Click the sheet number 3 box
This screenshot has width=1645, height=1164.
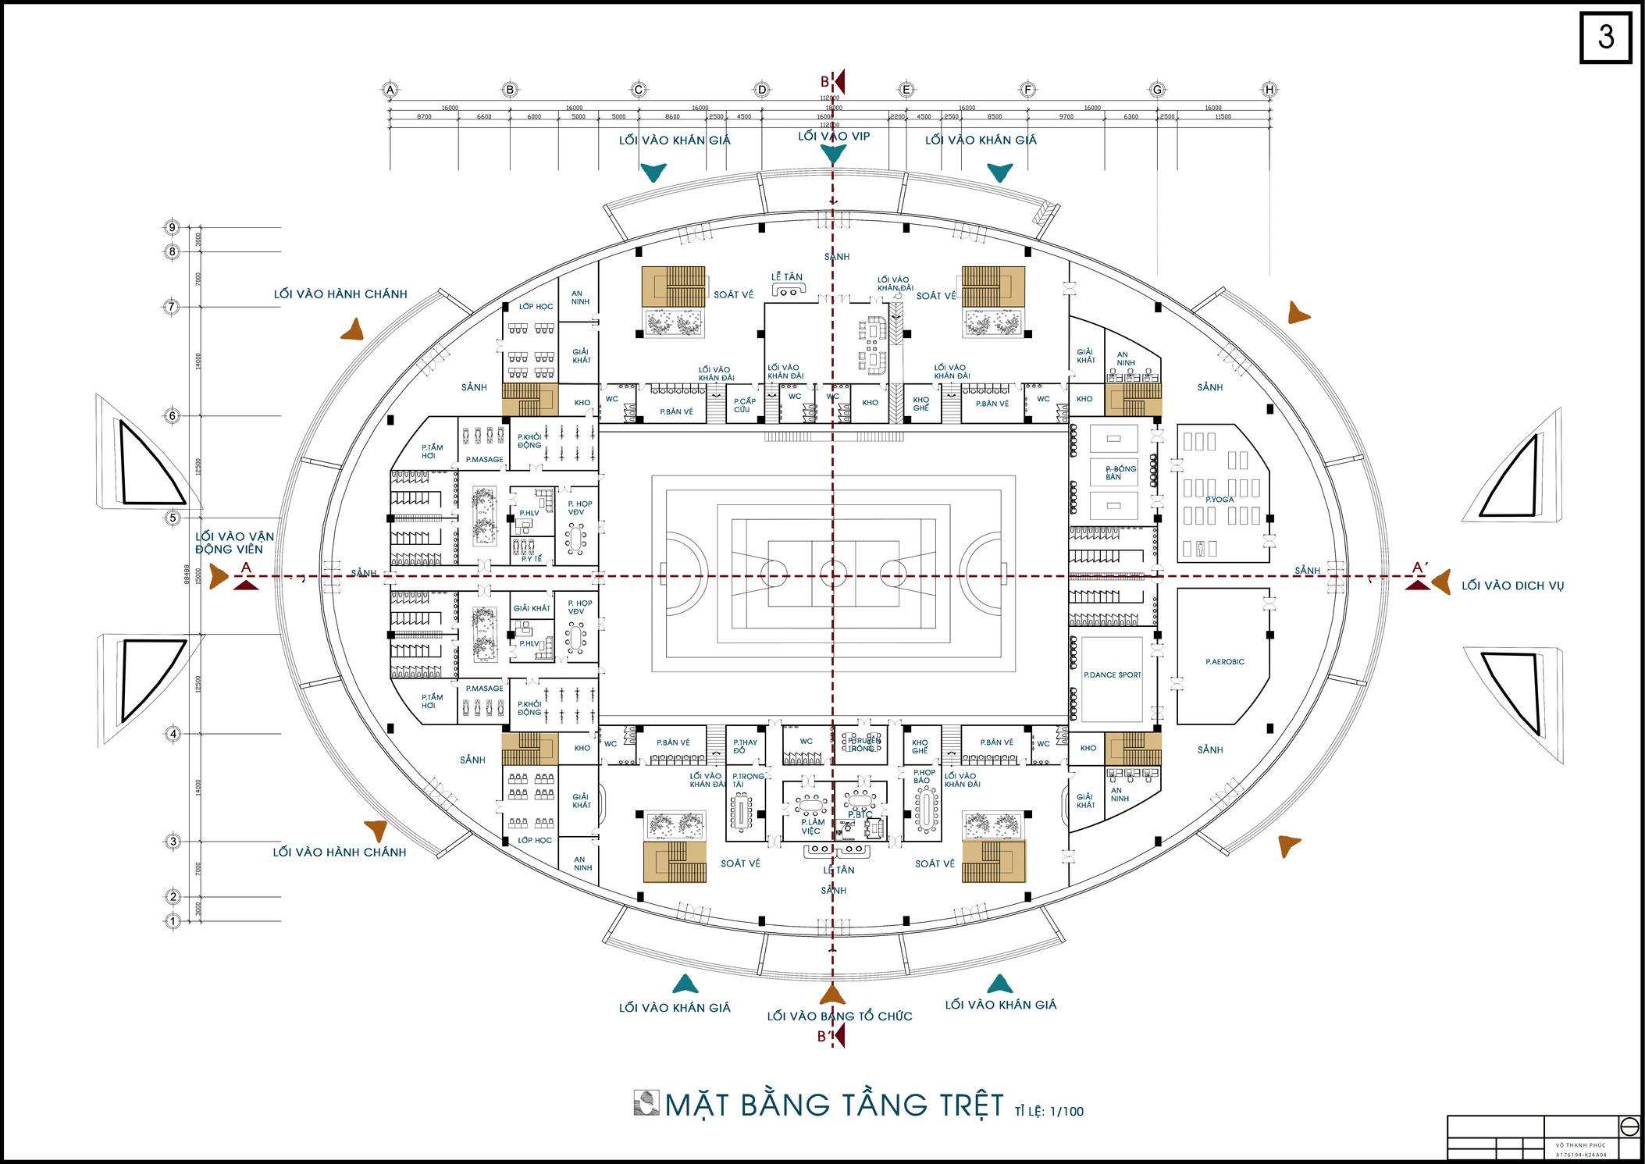(1605, 37)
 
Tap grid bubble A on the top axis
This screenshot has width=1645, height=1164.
(390, 90)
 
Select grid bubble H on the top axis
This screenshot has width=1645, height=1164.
(1269, 90)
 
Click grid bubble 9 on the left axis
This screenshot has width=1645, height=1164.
(173, 227)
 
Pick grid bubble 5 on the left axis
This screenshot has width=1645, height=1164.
(173, 517)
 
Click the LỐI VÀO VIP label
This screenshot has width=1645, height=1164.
(833, 137)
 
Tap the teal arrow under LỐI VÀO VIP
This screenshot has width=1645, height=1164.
(833, 155)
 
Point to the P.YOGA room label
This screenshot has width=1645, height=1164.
(1220, 500)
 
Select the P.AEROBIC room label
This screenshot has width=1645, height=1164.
(1224, 662)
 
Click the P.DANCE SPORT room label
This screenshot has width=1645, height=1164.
(1112, 675)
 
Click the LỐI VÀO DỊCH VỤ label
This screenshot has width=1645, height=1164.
(1512, 586)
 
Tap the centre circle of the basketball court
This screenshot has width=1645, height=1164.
(833, 576)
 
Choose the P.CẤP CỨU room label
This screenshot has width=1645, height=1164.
(744, 405)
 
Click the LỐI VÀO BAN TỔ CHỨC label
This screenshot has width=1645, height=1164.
(839, 1016)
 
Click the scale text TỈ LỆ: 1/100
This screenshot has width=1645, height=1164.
(1049, 1111)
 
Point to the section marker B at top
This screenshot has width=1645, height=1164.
(824, 81)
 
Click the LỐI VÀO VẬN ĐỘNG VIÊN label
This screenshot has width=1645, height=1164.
(234, 543)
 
